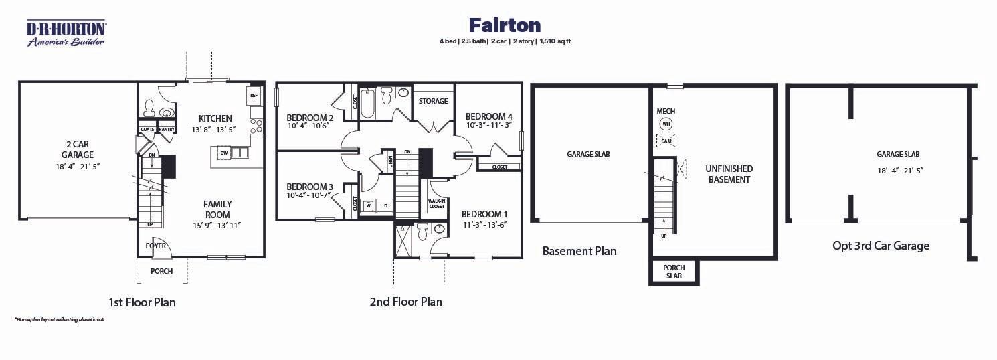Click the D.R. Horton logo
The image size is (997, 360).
pos(66,33)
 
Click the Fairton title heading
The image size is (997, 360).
pos(505,25)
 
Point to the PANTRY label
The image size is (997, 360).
pos(167,129)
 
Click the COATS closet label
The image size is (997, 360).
pos(148,129)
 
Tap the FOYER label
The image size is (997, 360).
pos(155,246)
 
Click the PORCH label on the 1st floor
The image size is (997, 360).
pos(161,271)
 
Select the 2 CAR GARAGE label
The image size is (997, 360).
pos(78,149)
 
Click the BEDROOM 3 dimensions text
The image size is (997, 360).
pos(309,196)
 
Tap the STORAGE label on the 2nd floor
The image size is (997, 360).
pos(433,101)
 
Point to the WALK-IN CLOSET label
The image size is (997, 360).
pos(436,204)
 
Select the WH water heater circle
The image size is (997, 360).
pos(665,124)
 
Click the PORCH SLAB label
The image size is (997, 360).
pos(674,272)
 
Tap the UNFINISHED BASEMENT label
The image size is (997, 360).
pos(729,174)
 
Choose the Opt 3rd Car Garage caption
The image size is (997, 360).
pos(881,246)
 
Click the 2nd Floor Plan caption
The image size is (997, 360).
pos(405,302)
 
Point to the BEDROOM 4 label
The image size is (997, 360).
pos(489,115)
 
